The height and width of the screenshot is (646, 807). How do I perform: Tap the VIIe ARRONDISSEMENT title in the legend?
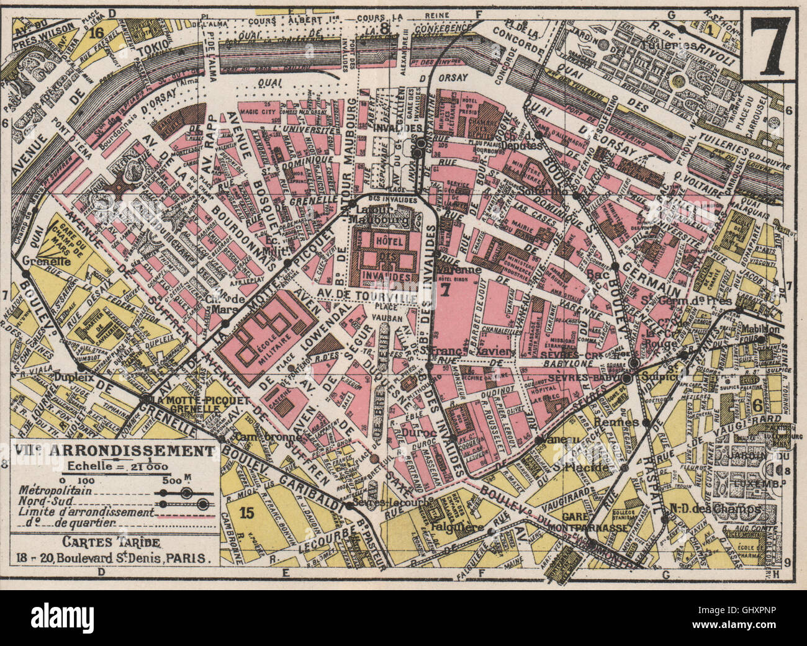click(114, 450)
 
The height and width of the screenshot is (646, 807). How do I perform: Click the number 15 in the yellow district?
click(247, 512)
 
